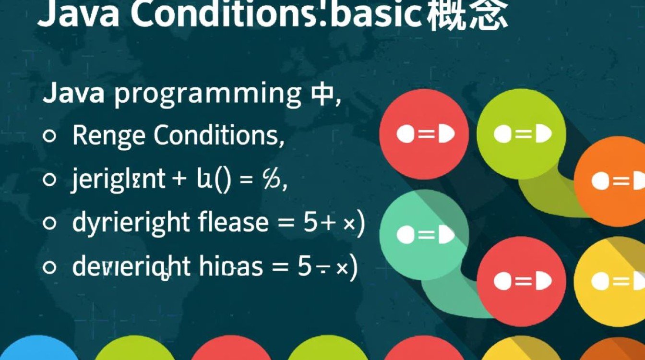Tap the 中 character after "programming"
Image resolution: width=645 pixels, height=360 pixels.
(319, 93)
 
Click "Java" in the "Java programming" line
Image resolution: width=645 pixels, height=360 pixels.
(73, 93)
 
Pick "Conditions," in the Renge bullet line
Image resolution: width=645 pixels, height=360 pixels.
(219, 136)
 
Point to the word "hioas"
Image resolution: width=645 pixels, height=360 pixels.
(234, 267)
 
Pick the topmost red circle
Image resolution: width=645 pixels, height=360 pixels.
(424, 134)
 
